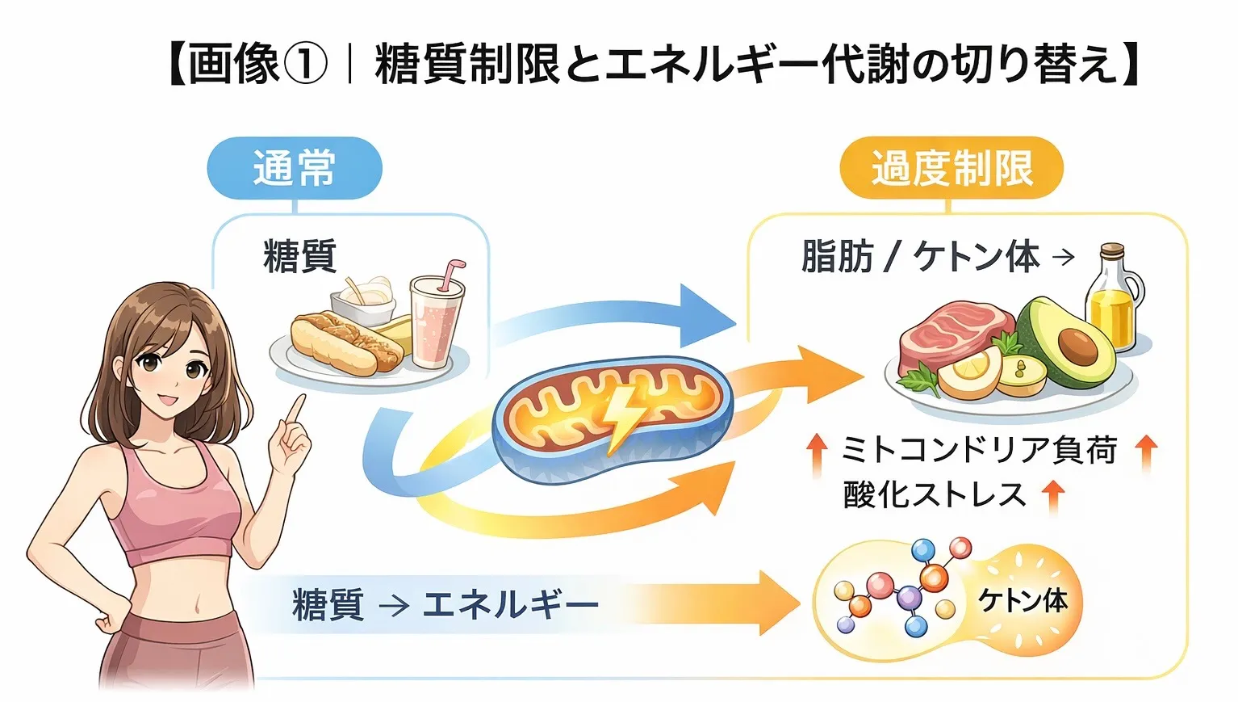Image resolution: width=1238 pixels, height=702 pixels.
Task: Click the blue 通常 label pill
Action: tap(294, 168)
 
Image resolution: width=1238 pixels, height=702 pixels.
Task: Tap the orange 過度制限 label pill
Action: tap(952, 168)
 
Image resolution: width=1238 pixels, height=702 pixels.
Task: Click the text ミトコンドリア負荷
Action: tap(979, 450)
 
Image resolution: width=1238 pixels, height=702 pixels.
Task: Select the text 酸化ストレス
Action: tap(934, 494)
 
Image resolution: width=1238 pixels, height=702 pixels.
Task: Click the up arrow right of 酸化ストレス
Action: tap(1052, 495)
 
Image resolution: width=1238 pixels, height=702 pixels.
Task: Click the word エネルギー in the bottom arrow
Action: tap(511, 604)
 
